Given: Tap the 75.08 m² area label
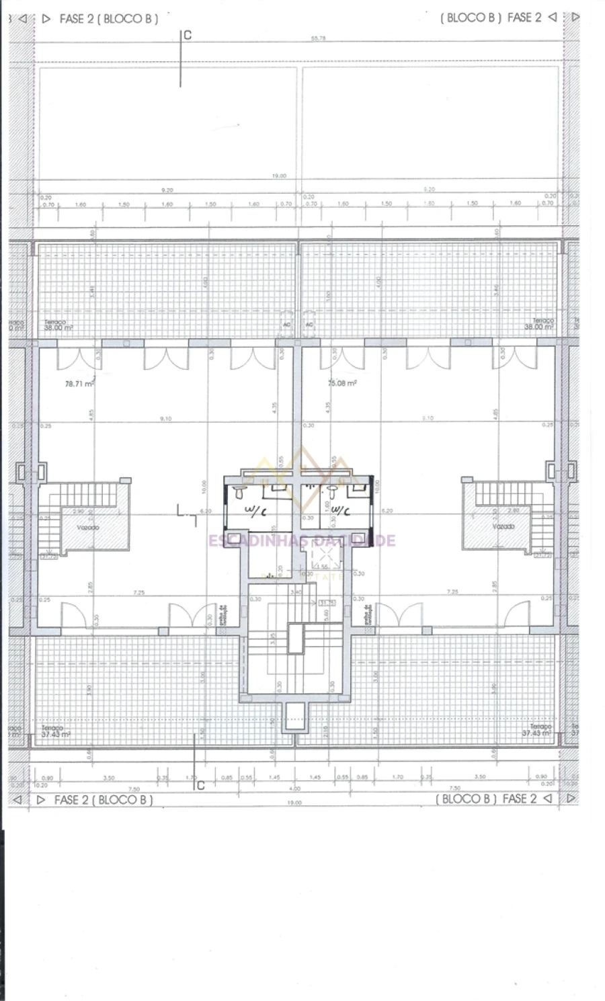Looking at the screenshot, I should point(341,383).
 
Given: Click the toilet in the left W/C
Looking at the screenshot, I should point(239,493).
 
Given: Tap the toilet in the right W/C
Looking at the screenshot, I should point(332,493).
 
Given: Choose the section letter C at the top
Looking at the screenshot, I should point(188,36).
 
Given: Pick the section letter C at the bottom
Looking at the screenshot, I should point(200,785).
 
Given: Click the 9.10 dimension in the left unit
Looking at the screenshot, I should point(165,418).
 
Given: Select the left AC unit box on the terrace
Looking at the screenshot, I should point(287,325).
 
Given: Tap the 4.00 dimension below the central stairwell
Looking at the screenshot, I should point(294,788).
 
